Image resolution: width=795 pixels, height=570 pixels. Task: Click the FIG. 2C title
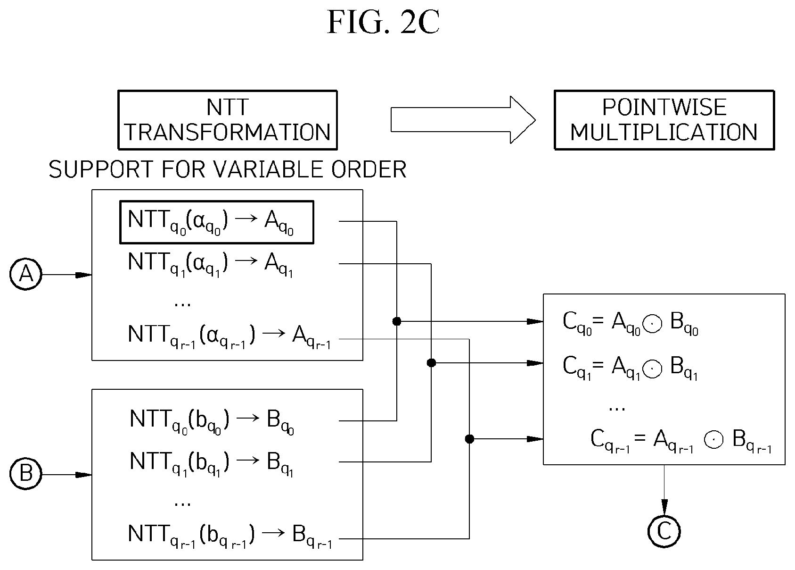click(x=383, y=22)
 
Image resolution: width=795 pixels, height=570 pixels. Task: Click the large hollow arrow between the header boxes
click(x=463, y=120)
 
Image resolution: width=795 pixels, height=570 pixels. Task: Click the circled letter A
click(x=26, y=274)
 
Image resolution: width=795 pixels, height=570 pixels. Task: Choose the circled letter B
click(x=26, y=474)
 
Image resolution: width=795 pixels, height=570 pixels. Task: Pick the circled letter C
click(x=664, y=531)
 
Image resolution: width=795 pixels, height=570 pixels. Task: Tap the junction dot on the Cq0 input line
click(x=397, y=321)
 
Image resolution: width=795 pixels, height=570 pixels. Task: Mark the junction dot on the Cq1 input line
click(x=431, y=363)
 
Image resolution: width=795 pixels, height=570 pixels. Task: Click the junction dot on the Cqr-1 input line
click(x=469, y=439)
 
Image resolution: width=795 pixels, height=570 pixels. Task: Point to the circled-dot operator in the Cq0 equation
click(x=652, y=324)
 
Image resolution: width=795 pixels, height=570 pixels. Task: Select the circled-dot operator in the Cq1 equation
click(x=652, y=368)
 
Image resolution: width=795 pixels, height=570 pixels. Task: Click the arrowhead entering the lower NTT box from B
click(x=84, y=475)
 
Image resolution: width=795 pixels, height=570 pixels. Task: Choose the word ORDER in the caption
click(x=369, y=169)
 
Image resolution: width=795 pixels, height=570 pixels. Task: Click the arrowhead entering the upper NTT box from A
click(x=84, y=275)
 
